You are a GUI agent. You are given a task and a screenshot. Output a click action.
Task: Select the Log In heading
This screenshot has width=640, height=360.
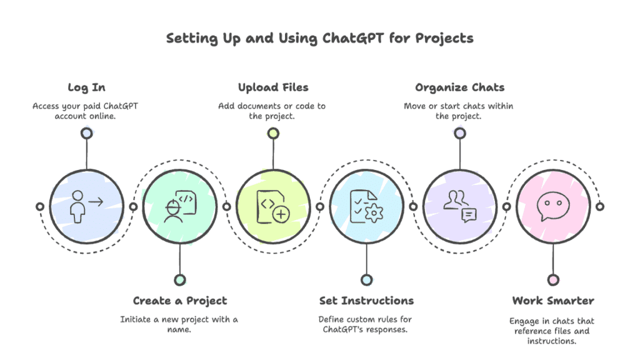click(86, 87)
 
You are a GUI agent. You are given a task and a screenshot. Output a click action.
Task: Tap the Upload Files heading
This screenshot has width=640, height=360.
click(273, 87)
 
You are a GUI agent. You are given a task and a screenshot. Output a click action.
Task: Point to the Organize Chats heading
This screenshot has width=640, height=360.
click(459, 87)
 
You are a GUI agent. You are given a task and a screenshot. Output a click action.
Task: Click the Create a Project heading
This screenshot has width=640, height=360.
click(180, 301)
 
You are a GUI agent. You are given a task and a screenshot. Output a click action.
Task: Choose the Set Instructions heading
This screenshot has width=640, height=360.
click(366, 301)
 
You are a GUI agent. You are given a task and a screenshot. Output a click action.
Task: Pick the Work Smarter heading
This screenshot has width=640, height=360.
click(553, 301)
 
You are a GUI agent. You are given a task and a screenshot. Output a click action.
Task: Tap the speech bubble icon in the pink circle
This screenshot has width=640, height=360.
click(552, 205)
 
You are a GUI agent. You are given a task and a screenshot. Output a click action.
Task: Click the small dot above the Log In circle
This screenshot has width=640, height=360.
click(86, 133)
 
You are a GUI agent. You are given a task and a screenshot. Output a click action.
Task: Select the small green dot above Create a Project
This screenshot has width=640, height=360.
click(180, 279)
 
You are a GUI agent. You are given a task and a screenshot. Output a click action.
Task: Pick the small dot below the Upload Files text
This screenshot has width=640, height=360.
click(273, 133)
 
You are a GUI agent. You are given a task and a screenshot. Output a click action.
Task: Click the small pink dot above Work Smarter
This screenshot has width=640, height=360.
click(553, 279)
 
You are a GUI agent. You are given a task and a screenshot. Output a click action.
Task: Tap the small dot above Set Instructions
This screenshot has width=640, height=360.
click(366, 279)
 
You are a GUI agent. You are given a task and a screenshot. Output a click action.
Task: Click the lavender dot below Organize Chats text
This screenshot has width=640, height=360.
click(460, 133)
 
